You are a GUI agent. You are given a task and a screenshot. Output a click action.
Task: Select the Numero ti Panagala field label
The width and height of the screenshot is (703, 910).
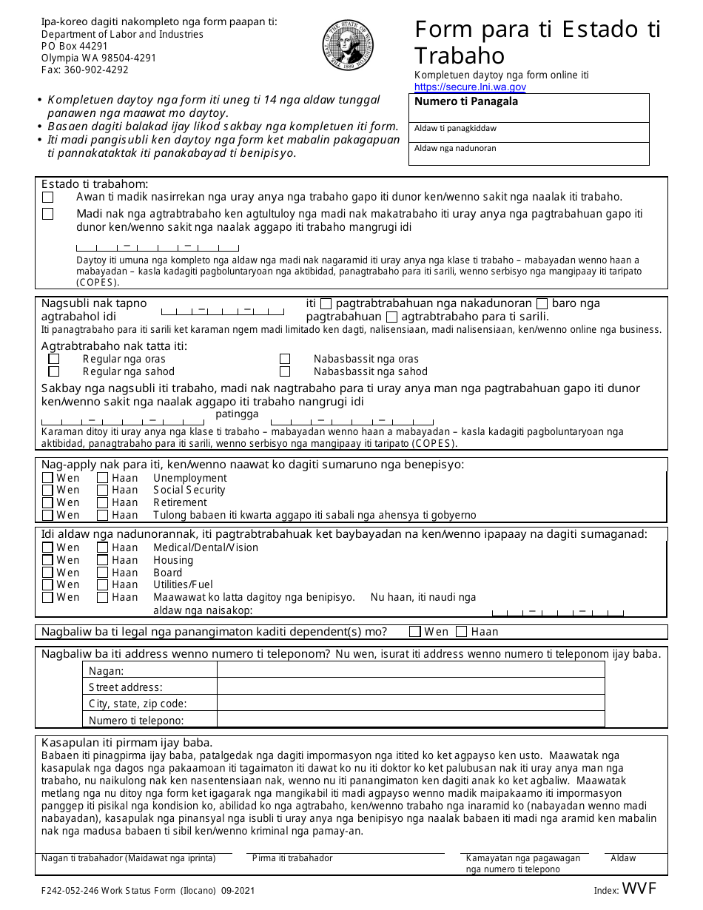click(466, 102)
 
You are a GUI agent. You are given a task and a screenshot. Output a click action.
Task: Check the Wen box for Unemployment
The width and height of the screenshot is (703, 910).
click(48, 478)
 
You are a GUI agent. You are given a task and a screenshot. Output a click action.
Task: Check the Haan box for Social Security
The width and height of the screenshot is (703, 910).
click(103, 490)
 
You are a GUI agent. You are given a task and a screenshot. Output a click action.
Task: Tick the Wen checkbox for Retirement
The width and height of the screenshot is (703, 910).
click(48, 502)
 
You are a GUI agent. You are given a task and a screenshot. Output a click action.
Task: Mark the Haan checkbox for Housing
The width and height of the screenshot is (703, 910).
click(103, 560)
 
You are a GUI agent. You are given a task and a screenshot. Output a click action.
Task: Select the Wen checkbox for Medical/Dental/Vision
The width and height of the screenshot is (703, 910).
click(48, 547)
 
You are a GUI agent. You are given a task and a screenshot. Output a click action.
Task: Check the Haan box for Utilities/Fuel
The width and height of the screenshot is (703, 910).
click(103, 584)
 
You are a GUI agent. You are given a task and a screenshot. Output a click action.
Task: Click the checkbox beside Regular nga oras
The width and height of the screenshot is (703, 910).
click(54, 359)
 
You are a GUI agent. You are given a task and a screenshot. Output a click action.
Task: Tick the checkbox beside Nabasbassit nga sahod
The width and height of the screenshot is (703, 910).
click(285, 371)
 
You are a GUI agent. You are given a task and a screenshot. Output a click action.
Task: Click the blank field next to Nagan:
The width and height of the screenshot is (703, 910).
click(410, 670)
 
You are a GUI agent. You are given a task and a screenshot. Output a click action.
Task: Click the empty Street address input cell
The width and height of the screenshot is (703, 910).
click(410, 687)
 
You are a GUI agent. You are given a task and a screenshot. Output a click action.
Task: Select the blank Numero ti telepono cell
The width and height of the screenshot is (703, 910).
click(410, 719)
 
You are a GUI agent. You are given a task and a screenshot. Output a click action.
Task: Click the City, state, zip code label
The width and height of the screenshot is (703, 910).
click(138, 704)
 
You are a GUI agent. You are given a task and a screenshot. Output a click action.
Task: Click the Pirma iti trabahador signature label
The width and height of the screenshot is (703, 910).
click(292, 858)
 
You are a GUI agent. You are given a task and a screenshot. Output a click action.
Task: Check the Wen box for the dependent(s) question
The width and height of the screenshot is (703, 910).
click(416, 632)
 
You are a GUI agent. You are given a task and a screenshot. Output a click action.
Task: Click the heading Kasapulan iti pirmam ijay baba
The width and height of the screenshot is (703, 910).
click(127, 742)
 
